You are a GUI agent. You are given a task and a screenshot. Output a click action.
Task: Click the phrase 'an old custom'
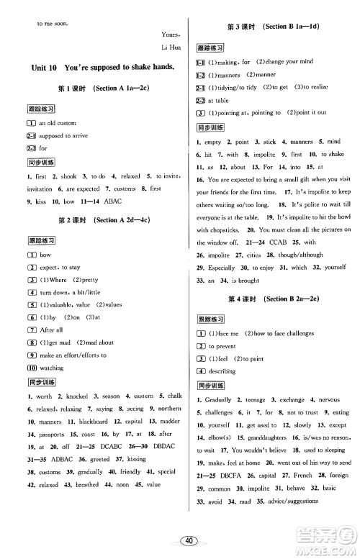[58, 124]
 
